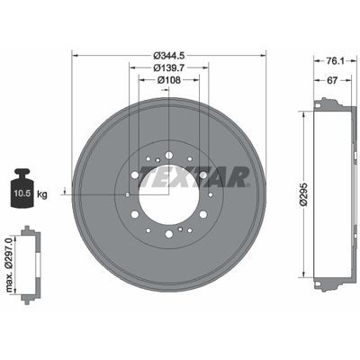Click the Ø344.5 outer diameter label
[x=168, y=56]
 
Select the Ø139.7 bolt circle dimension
[x=168, y=67]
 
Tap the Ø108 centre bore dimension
[x=169, y=80]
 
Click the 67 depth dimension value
[x=332, y=80]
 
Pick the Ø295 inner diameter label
[x=304, y=193]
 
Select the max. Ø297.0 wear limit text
[x=10, y=265]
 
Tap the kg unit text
[x=42, y=194]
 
